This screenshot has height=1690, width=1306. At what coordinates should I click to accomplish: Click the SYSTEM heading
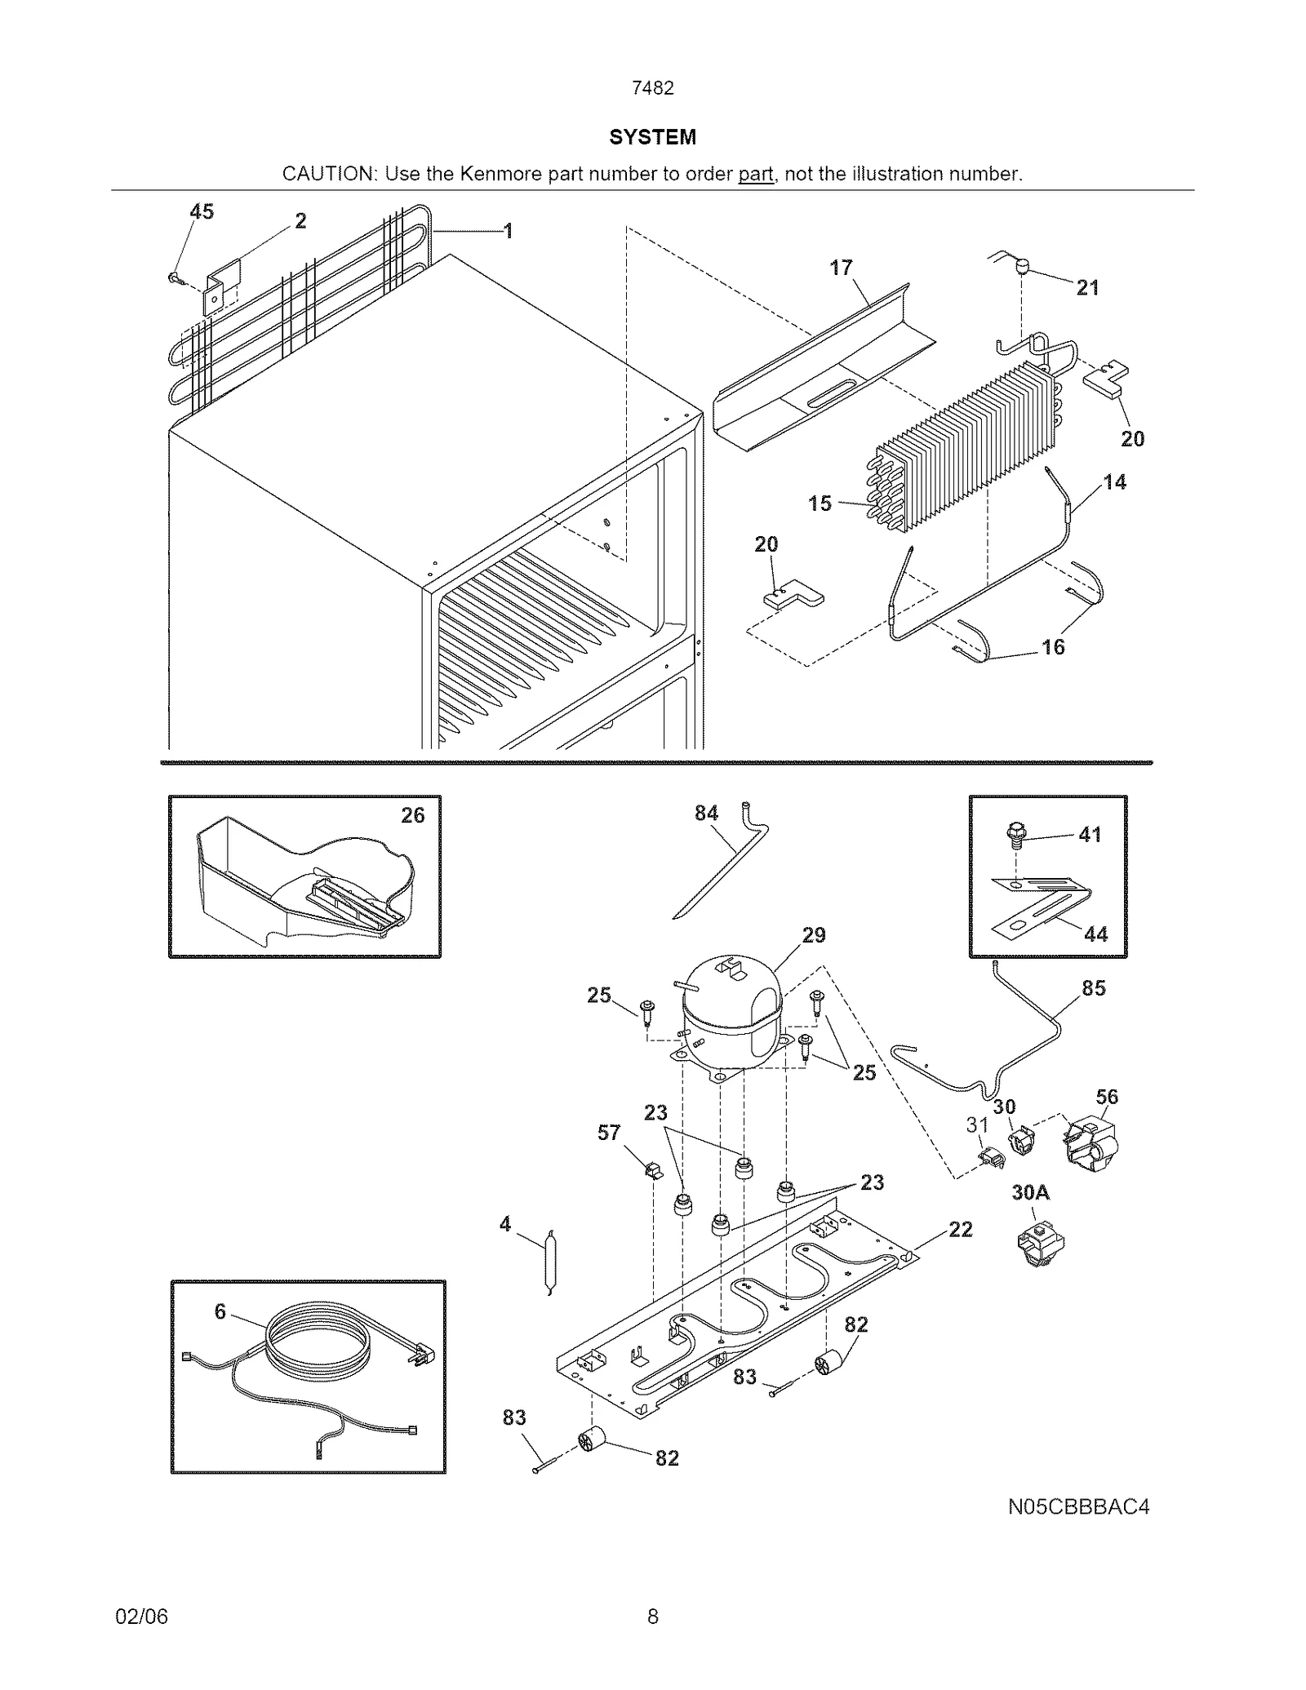652,137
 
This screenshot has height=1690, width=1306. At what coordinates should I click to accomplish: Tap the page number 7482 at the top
652,88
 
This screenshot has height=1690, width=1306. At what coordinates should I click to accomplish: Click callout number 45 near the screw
202,212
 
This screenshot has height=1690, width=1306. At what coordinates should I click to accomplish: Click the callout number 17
841,268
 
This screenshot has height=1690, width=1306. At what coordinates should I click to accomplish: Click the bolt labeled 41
1015,835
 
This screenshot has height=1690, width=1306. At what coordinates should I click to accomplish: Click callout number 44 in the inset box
1095,934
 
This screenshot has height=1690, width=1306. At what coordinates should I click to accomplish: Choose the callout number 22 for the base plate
960,1229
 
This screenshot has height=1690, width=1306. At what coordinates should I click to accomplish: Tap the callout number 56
1106,1096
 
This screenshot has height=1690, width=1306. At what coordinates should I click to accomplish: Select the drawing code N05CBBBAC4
1077,1506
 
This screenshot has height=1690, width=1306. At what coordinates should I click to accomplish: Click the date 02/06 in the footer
142,1616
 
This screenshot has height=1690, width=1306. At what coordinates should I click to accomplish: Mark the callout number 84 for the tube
706,813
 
